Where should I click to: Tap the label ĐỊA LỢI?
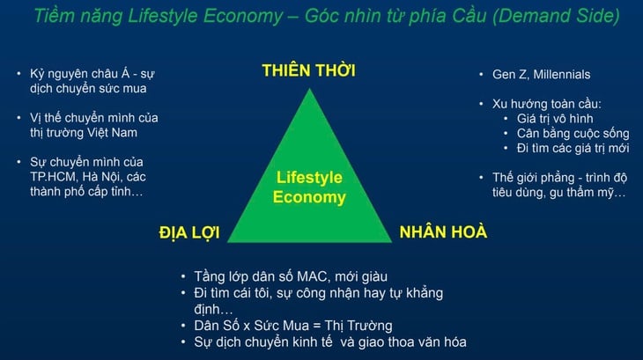click(188, 232)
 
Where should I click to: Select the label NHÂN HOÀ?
click(443, 232)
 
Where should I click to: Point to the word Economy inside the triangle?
click(308, 197)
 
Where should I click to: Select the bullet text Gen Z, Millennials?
click(534, 75)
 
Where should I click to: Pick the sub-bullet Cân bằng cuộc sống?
click(573, 133)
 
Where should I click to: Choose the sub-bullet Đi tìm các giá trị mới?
click(573, 148)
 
